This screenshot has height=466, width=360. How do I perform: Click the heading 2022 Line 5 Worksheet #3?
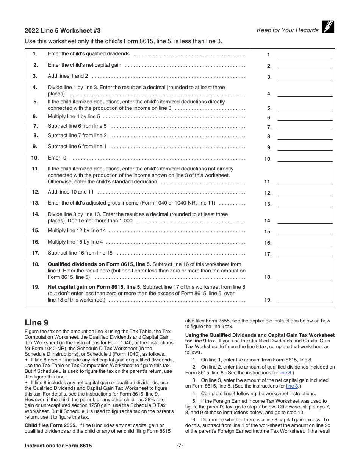(x=63, y=31)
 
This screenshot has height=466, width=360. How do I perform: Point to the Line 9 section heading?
(x=36, y=323)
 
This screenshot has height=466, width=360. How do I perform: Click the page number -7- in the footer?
(x=180, y=446)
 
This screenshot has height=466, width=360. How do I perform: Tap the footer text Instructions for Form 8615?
(x=58, y=446)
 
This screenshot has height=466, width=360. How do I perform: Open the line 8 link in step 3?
(x=292, y=386)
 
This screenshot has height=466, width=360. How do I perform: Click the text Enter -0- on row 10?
(x=58, y=158)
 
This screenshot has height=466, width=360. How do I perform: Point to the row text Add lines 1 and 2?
(x=68, y=76)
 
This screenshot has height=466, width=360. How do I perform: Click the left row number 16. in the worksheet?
(x=36, y=242)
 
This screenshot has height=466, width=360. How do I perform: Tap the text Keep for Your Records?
(x=287, y=30)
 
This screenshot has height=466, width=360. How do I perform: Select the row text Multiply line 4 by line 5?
(x=74, y=116)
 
